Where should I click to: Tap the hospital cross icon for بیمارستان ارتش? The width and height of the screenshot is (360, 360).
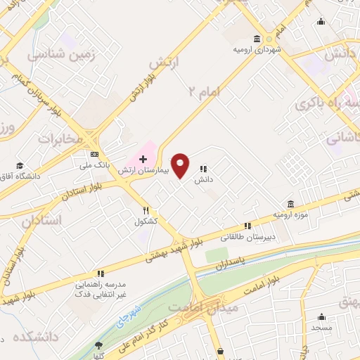click(x=143, y=160)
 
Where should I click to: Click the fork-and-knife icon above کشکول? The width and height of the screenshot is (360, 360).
click(x=146, y=210)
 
